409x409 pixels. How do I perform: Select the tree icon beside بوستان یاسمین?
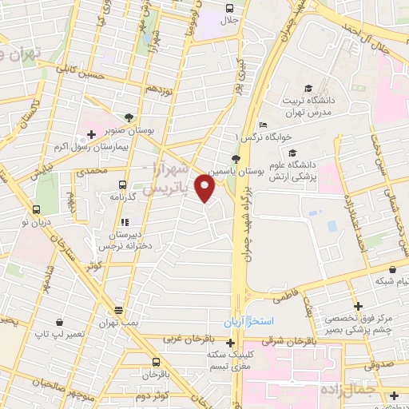pos(234,160)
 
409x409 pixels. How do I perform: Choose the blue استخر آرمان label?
pos(248,321)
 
